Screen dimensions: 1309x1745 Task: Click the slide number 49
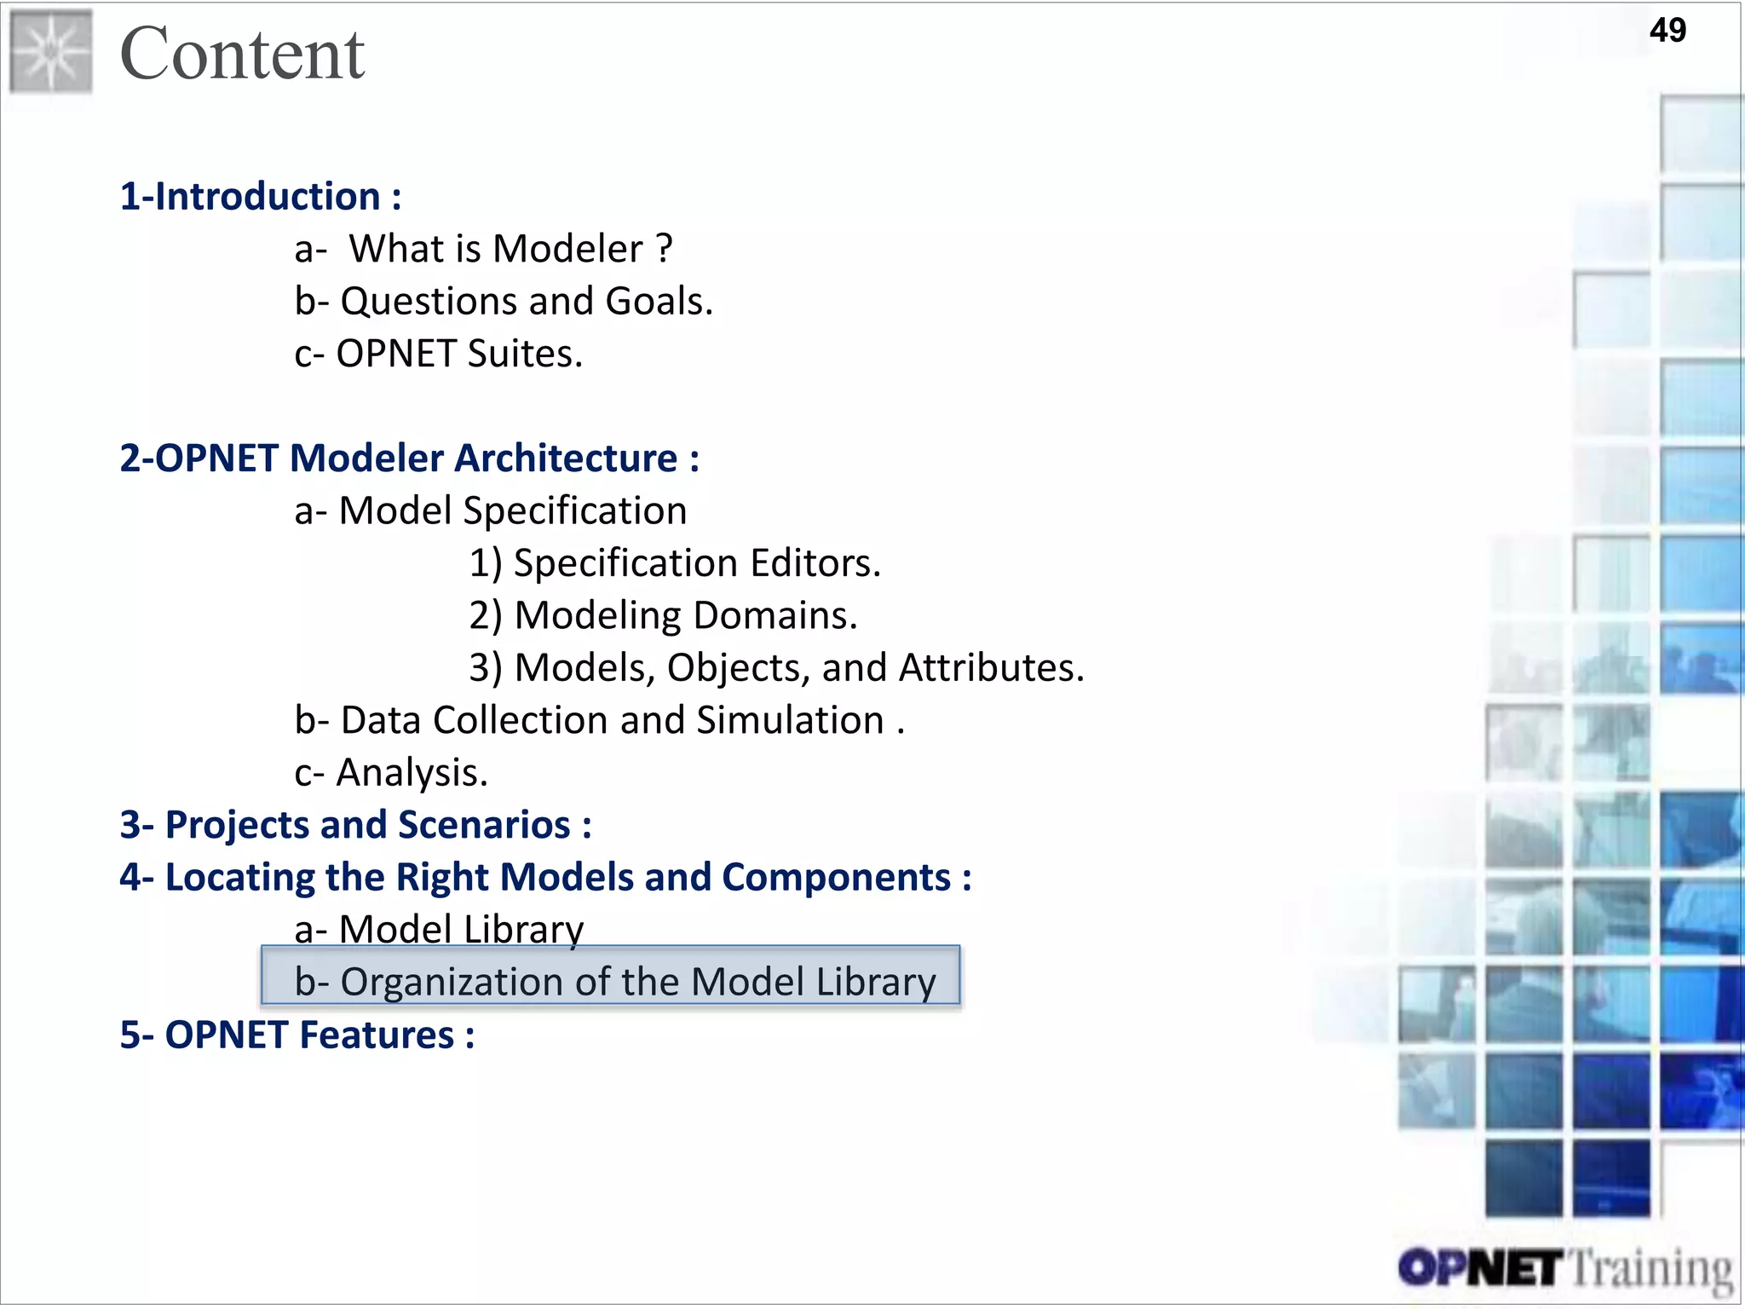pos(1667,31)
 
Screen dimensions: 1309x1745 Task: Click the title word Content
pos(242,54)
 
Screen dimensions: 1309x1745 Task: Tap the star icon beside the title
pos(51,52)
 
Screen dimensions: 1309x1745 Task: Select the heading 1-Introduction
pos(260,197)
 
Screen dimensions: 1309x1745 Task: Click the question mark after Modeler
pos(665,249)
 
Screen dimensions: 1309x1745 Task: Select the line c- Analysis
pos(391,773)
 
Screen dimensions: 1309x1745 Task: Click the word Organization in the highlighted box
pos(452,983)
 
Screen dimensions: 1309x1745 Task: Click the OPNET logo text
pos(1480,1269)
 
